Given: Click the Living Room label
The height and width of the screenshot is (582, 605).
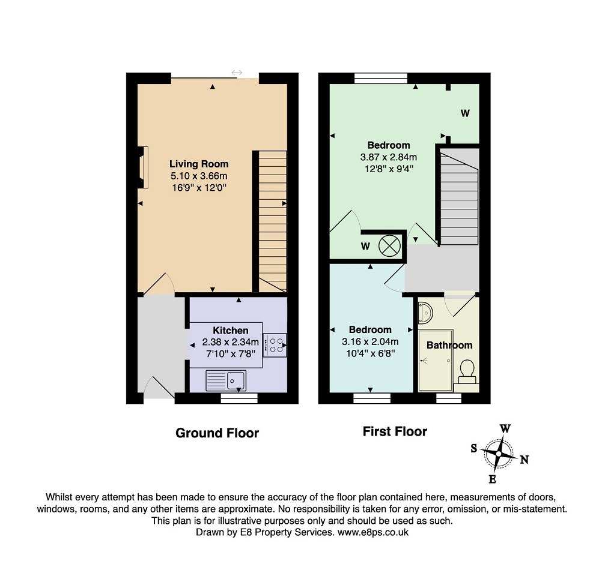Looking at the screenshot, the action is tap(199, 164).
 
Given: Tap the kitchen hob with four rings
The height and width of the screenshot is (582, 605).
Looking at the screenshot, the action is tap(275, 345).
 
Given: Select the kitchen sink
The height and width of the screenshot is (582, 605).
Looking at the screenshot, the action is tap(226, 380).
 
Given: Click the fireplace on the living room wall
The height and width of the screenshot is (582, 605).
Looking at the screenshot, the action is tap(144, 167).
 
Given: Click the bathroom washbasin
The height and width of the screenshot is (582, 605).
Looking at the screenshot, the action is tap(424, 312).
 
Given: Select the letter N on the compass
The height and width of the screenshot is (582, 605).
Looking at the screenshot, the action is tap(524, 460).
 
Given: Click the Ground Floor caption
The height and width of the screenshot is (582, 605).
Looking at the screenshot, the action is tap(217, 433).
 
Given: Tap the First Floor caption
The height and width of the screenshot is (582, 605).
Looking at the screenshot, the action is tap(395, 431).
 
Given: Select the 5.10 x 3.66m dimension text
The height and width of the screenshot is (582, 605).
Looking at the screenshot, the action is tap(199, 176).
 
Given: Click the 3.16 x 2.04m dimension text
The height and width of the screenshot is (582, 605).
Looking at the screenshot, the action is tap(370, 341).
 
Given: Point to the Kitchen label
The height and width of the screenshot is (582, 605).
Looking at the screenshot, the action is tap(230, 331).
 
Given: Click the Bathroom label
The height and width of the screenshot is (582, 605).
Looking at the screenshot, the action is tap(449, 345).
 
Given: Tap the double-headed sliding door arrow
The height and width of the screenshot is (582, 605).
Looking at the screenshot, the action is tap(237, 73).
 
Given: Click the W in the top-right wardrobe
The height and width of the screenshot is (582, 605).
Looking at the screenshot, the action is tap(465, 113).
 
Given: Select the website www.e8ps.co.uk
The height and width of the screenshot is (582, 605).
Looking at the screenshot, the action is tap(372, 532).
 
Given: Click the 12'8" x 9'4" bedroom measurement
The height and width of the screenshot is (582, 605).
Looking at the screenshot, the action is tap(389, 169).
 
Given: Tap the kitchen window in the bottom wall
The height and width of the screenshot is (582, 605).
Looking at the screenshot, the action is tap(239, 398).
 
